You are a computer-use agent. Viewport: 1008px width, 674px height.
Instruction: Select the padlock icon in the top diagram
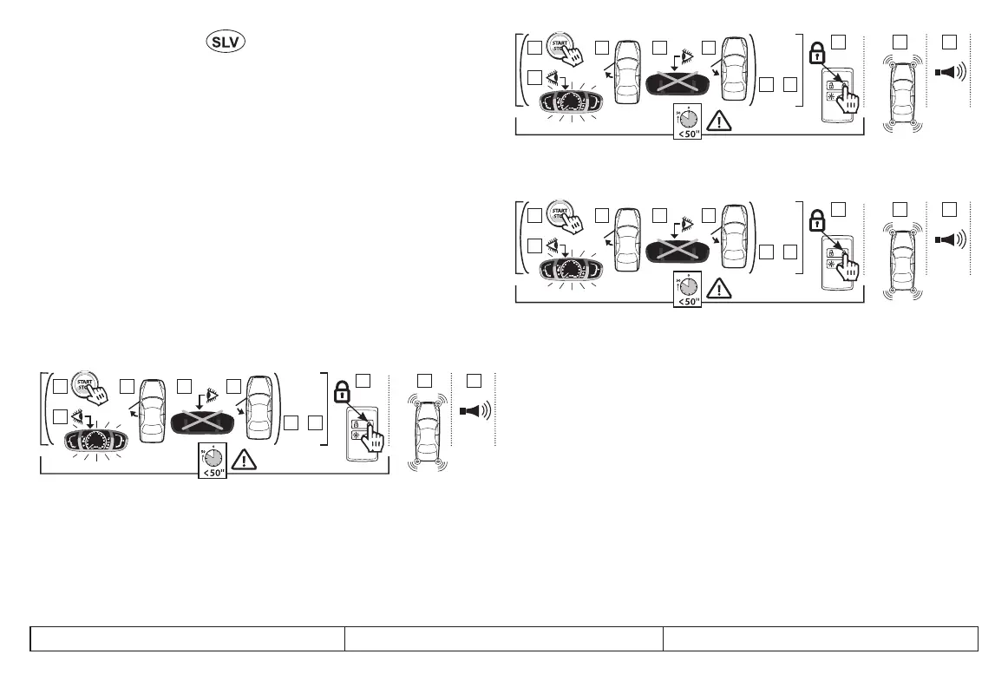tap(815, 51)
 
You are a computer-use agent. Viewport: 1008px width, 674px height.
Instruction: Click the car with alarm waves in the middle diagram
tap(902, 259)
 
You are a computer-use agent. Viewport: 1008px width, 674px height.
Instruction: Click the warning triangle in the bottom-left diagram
tap(245, 460)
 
